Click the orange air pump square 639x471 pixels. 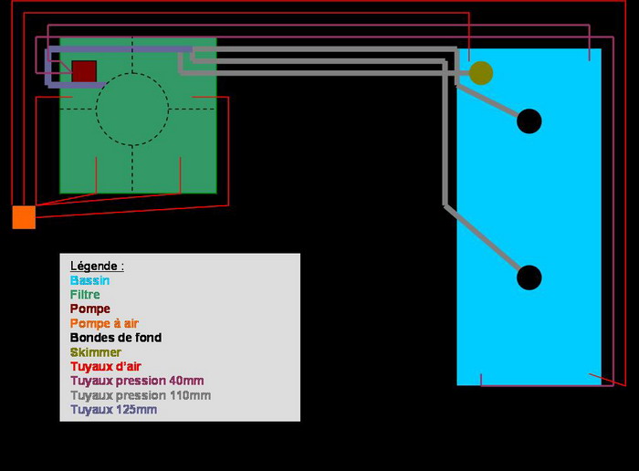pos(24,217)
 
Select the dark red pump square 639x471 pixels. pos(84,71)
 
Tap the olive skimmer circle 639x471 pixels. pos(481,73)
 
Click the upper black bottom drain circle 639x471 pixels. pos(529,120)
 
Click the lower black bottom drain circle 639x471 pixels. pos(529,277)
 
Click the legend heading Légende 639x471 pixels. pos(97,266)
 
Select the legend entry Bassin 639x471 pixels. pos(89,280)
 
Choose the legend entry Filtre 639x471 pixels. pos(85,295)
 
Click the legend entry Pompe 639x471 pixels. pos(90,309)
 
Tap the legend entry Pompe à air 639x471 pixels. pos(104,323)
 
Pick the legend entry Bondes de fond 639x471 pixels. pos(116,338)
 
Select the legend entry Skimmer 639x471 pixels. pos(96,352)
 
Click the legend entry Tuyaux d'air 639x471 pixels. pos(106,366)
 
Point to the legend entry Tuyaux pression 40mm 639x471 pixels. pos(137,381)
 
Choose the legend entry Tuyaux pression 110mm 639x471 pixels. pos(141,395)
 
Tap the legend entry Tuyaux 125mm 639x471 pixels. pos(113,410)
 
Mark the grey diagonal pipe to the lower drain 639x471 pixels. pos(484,239)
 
